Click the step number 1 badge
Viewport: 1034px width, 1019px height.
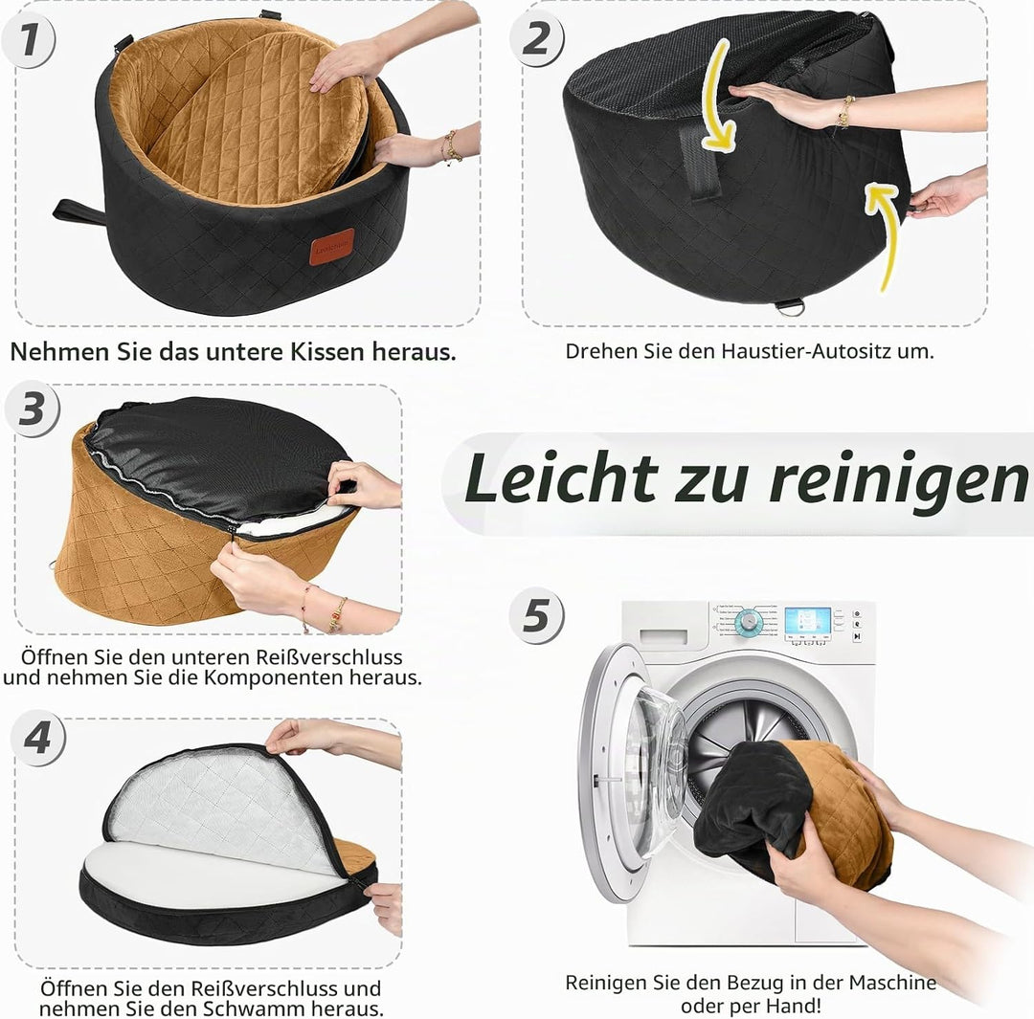pos(29,41)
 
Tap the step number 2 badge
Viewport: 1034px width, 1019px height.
pos(537,39)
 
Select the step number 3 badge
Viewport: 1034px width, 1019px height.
pos(33,409)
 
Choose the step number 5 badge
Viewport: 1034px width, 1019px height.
pos(537,615)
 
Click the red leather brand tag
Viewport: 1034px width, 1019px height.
pos(331,247)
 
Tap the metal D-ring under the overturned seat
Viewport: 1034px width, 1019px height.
pos(790,306)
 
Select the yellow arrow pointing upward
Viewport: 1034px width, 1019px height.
pos(887,237)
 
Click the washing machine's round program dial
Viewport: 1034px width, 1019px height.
pos(749,621)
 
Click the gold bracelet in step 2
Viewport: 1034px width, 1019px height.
pos(843,112)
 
